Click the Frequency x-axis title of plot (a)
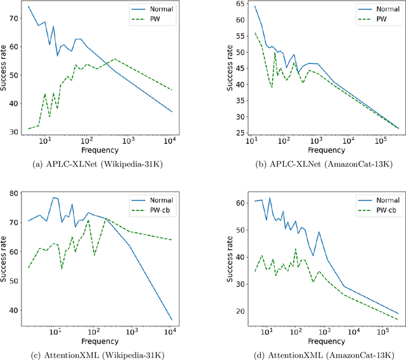pyautogui.click(x=100, y=151)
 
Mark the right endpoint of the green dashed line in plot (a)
pyautogui.click(x=172, y=90)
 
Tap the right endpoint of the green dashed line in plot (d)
pyautogui.click(x=398, y=319)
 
